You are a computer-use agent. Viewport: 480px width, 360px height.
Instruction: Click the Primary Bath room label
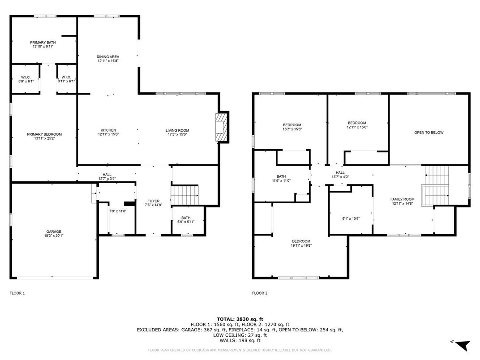pyautogui.click(x=43, y=42)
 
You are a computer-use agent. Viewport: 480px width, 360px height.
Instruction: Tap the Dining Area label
pyautogui.click(x=108, y=57)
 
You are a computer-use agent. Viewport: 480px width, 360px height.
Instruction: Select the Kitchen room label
pyautogui.click(x=108, y=130)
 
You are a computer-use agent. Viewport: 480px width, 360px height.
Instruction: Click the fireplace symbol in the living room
pyautogui.click(x=222, y=127)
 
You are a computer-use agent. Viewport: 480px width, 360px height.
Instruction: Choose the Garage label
pyautogui.click(x=53, y=232)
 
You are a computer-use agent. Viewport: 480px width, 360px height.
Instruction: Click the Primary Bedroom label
pyautogui.click(x=44, y=134)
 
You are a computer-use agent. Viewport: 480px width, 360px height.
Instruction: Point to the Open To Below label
pyautogui.click(x=429, y=133)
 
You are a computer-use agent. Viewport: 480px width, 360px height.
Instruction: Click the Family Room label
pyautogui.click(x=402, y=199)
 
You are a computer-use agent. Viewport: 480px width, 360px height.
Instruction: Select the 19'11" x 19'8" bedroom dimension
pyautogui.click(x=301, y=245)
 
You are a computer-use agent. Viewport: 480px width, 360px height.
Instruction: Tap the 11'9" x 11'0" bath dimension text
pyautogui.click(x=281, y=180)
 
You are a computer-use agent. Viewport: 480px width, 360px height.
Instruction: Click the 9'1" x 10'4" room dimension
pyautogui.click(x=351, y=219)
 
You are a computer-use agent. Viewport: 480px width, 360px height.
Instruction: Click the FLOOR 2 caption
pyautogui.click(x=260, y=293)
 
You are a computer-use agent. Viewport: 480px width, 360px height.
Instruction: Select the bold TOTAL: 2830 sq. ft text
pyautogui.click(x=240, y=319)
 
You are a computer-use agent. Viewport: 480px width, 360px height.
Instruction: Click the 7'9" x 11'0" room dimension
pyautogui.click(x=118, y=211)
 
